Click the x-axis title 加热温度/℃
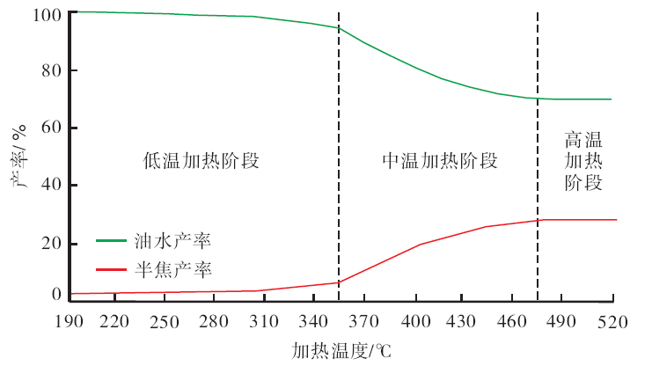[341, 350]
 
